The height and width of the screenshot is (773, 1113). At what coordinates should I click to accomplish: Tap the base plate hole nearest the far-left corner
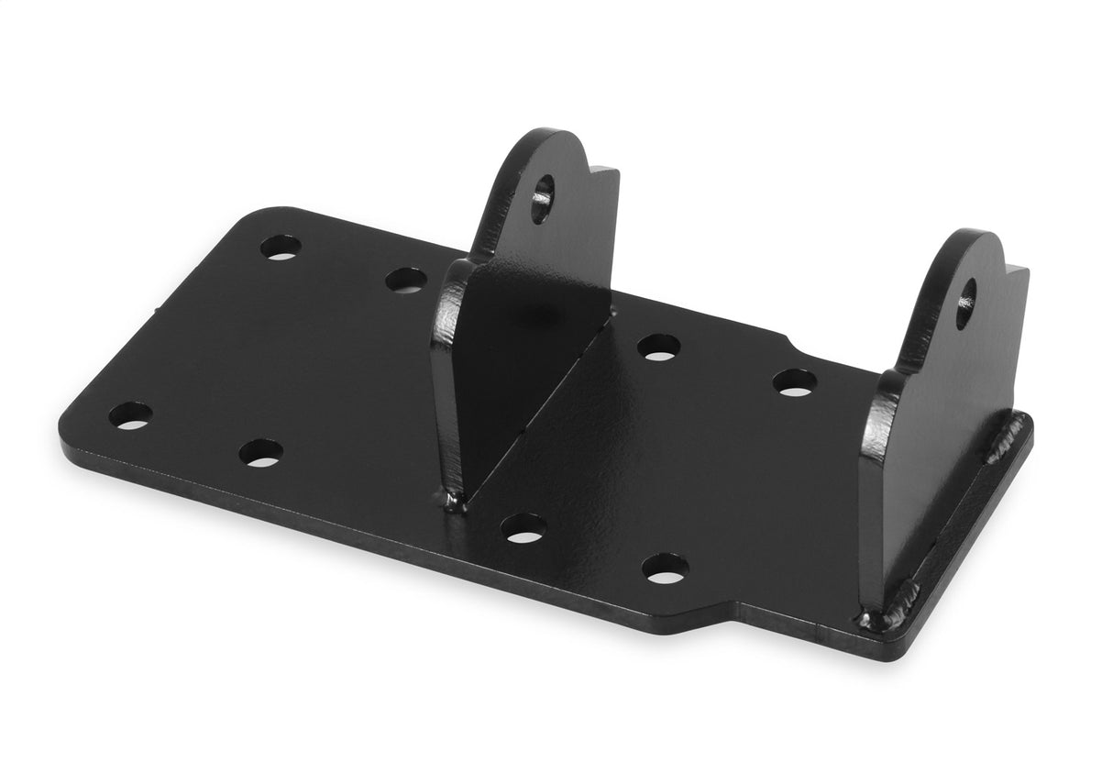(x=130, y=414)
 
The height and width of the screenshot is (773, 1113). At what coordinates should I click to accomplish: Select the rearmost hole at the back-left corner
(x=280, y=247)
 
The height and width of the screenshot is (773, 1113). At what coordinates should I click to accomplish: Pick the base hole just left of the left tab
(x=405, y=280)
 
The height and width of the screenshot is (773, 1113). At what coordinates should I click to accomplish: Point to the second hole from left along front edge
(x=260, y=452)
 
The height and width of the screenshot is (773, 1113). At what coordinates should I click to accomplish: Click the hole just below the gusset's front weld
(x=523, y=527)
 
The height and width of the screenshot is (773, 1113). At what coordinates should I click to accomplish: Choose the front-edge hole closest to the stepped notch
(x=663, y=569)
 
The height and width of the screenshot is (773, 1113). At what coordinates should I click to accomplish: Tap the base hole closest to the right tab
(x=794, y=381)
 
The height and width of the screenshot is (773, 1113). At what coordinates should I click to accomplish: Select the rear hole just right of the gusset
(x=658, y=347)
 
